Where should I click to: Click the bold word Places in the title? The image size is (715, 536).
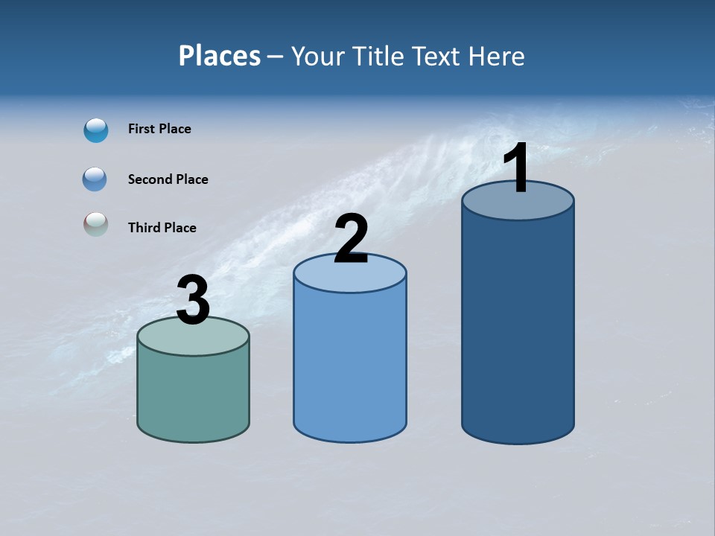click(x=220, y=56)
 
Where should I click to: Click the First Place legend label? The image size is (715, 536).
click(x=159, y=129)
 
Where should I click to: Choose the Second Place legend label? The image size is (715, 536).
click(x=168, y=179)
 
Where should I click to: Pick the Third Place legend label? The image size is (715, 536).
click(x=162, y=228)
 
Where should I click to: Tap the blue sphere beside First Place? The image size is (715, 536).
click(x=96, y=130)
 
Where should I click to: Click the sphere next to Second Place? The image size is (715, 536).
click(x=95, y=179)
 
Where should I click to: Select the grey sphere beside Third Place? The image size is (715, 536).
click(x=95, y=224)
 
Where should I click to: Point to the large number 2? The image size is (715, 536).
click(x=351, y=239)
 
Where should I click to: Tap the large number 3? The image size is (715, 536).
click(x=193, y=301)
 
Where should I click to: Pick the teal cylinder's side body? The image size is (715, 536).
click(x=193, y=395)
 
